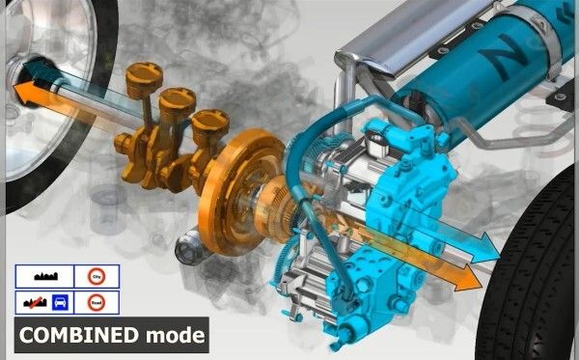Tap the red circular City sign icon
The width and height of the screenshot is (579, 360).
click(96, 276)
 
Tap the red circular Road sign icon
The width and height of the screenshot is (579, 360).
click(96, 301)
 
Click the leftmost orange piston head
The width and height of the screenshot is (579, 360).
click(142, 74)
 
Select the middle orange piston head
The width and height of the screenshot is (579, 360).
click(174, 97)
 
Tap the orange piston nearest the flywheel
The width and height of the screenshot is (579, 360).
click(206, 121)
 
